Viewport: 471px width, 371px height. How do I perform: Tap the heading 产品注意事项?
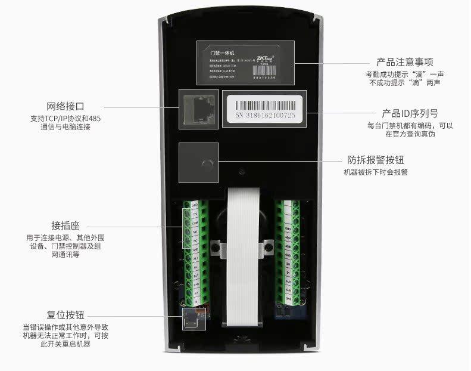404,62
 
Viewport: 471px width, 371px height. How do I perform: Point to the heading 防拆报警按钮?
378,160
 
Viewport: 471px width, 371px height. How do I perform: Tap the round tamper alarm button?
207,163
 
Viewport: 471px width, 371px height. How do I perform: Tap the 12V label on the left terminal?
195,214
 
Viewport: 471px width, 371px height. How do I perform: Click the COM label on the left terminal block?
195,222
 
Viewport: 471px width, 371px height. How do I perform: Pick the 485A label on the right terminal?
288,237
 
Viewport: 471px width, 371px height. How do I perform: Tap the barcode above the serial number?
264,101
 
